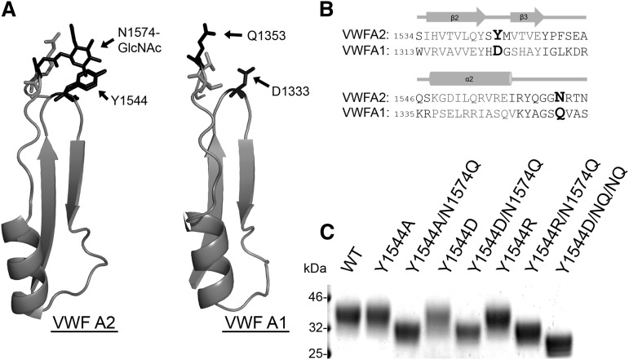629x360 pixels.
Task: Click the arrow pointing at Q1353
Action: point(234,34)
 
